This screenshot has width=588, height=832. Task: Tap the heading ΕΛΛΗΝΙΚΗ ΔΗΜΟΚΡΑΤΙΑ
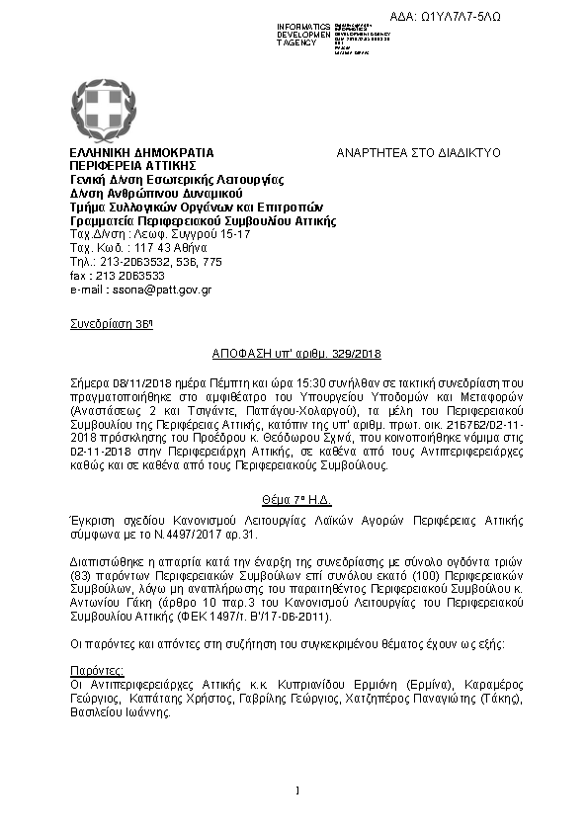pyautogui.click(x=141, y=153)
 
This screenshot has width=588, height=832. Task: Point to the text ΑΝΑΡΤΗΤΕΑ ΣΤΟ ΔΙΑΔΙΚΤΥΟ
pyautogui.click(x=419, y=153)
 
